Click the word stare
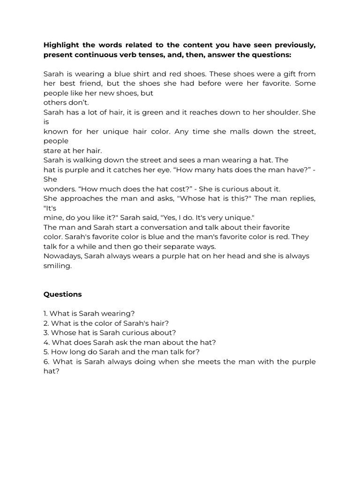(52, 150)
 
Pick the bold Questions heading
(62, 294)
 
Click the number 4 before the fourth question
(45, 342)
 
